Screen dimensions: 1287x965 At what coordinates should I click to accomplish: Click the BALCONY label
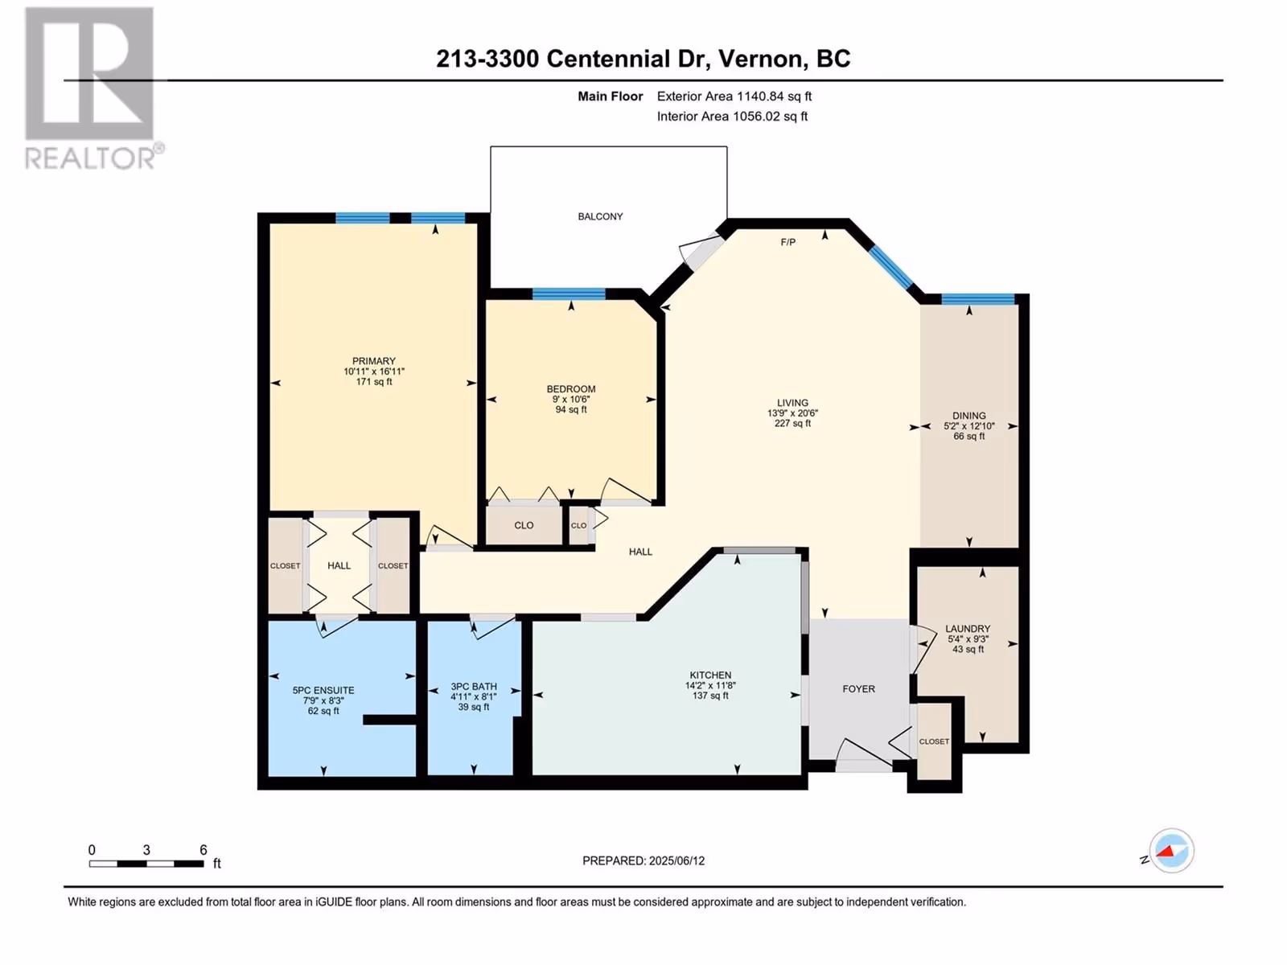600,216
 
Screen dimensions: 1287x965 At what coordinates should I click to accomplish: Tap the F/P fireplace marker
787,242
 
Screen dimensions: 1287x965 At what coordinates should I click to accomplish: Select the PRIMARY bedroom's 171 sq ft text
374,381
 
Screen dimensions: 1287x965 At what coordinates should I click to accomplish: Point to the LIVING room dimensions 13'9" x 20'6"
792,413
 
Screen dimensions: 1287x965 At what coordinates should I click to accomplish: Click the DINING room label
968,416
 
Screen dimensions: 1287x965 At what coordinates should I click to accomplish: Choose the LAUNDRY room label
968,629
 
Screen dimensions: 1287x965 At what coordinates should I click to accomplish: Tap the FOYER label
858,689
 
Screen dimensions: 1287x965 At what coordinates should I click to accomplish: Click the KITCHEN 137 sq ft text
710,696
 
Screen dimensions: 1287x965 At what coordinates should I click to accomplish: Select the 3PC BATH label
474,686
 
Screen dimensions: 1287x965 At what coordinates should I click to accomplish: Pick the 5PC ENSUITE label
323,690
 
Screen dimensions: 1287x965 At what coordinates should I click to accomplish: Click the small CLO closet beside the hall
578,525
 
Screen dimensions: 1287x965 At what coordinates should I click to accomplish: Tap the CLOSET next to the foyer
933,741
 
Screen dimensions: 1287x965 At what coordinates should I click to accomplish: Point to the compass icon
1171,850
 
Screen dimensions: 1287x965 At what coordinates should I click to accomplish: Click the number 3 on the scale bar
146,849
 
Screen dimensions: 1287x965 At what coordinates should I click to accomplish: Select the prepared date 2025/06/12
676,860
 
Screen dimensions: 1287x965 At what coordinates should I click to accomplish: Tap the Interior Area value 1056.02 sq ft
770,116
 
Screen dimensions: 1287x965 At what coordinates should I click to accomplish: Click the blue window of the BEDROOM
569,294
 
